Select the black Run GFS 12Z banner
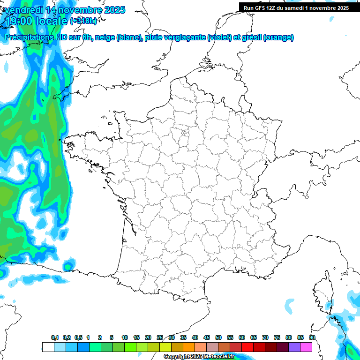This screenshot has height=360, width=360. [296, 7]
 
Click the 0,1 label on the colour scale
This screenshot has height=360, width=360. [55, 337]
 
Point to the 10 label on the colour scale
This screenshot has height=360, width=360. [125, 337]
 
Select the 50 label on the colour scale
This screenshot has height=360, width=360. [218, 337]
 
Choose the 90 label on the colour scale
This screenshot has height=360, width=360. [312, 337]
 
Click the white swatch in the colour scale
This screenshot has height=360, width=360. [48, 347]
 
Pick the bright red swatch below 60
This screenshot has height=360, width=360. [247, 347]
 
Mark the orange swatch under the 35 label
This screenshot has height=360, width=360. [189, 347]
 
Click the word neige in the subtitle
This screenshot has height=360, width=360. [105, 37]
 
